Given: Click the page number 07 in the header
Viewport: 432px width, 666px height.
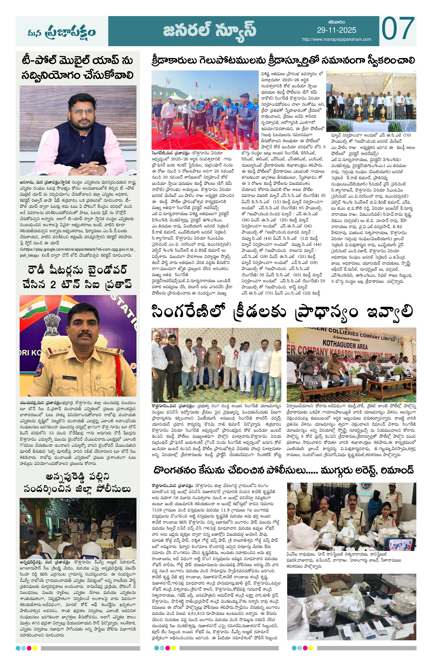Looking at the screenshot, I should click(398, 29).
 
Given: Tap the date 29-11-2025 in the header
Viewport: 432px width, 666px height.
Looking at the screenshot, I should click(336, 30).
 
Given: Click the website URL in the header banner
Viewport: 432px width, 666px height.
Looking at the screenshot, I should click(336, 39).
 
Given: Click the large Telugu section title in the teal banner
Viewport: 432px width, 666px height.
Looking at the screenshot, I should click(209, 31).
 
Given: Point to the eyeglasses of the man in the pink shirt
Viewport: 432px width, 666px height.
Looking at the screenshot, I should click(82, 112).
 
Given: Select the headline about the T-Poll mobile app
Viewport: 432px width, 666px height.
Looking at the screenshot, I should click(78, 68).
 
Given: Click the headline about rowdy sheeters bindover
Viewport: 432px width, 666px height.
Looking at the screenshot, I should click(78, 277).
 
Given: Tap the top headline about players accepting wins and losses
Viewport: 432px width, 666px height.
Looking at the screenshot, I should click(283, 60).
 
